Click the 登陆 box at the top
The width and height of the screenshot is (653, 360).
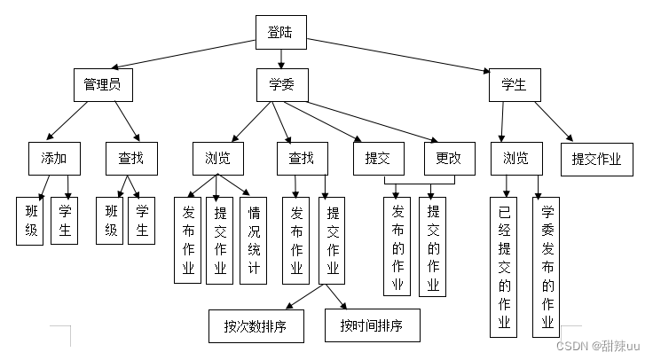tap(281, 33)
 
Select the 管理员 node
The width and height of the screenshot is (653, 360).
tap(102, 85)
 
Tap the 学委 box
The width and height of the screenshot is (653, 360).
tap(281, 85)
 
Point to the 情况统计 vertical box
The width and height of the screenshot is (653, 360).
tap(253, 240)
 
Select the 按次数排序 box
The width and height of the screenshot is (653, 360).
tap(255, 325)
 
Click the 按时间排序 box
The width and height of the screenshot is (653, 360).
tap(371, 325)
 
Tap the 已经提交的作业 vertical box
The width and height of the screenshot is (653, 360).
tap(505, 266)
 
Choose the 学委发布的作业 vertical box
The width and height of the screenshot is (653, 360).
tap(547, 266)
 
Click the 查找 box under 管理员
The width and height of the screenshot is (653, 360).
tap(130, 160)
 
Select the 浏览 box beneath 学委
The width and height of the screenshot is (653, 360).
tap(217, 160)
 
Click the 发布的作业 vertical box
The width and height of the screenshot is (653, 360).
tap(398, 246)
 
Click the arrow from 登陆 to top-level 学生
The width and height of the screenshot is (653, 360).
tap(399, 55)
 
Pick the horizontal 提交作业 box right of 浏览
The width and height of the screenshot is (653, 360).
tap(596, 160)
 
